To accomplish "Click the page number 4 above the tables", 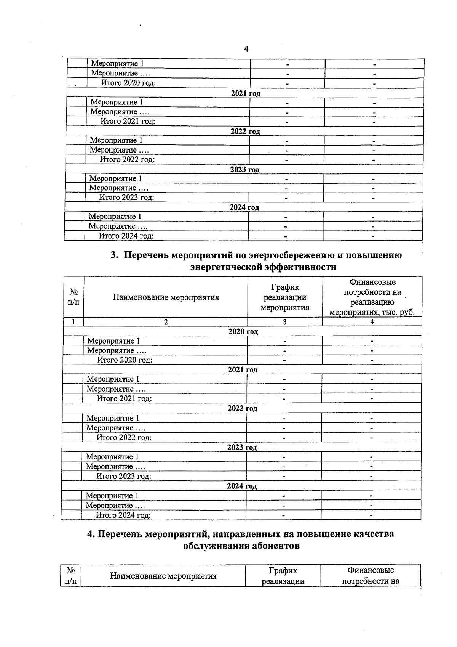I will pos(246,49).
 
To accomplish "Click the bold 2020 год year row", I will pos(243,332).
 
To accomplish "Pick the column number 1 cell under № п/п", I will pos(73,322).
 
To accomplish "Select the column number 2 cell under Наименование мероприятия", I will pos(166,322).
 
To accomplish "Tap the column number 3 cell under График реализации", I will pos(284,322).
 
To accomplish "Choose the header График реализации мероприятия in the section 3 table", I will pos(285,297).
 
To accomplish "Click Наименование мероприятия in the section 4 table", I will pos(163,576).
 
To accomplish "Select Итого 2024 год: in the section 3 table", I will pos(123,515).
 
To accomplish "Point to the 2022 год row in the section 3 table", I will pos(242,408).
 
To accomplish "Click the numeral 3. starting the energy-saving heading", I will pos(114,255).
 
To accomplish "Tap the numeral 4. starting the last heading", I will pos(91,534).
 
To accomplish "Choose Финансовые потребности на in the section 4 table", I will pos(371,576).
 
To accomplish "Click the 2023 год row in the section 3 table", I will pos(242,447).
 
